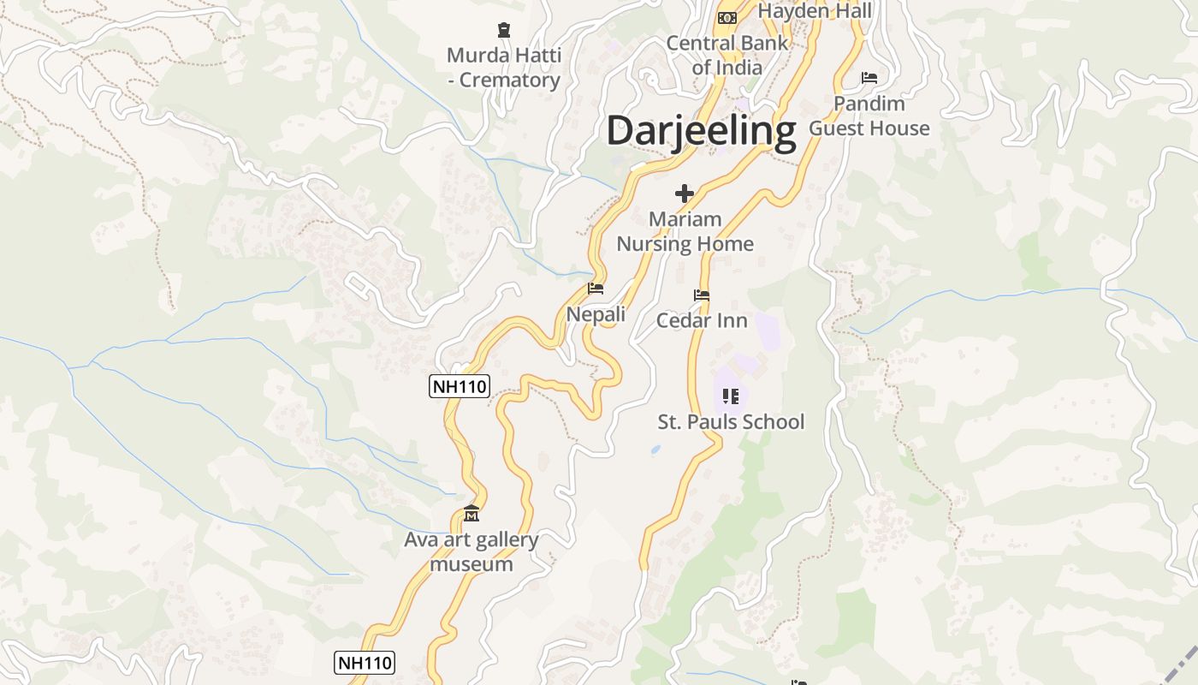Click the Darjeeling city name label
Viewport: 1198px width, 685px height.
click(x=701, y=132)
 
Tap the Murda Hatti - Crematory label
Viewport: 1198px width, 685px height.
click(x=504, y=68)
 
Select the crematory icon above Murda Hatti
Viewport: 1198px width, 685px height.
click(x=504, y=31)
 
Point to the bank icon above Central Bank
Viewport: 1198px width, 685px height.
click(x=727, y=18)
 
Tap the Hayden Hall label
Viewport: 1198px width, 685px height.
click(x=815, y=11)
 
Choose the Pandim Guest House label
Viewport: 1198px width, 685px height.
click(x=869, y=116)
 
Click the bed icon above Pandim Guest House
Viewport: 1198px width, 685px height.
click(x=869, y=78)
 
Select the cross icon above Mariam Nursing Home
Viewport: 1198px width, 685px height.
click(x=685, y=194)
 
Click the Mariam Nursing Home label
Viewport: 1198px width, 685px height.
click(x=685, y=231)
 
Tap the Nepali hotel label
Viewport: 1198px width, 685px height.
click(x=596, y=314)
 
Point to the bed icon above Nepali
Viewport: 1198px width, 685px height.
click(x=596, y=289)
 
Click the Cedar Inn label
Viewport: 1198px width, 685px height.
click(x=702, y=320)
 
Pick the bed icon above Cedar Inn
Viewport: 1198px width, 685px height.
click(x=702, y=295)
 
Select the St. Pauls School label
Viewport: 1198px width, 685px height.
click(x=731, y=421)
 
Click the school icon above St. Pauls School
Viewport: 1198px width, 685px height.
click(x=731, y=396)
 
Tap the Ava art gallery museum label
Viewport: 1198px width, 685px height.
click(x=471, y=551)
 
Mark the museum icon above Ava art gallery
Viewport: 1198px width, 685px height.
click(x=471, y=514)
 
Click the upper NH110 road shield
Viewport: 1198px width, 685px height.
click(x=459, y=386)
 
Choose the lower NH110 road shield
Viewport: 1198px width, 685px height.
click(x=365, y=662)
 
